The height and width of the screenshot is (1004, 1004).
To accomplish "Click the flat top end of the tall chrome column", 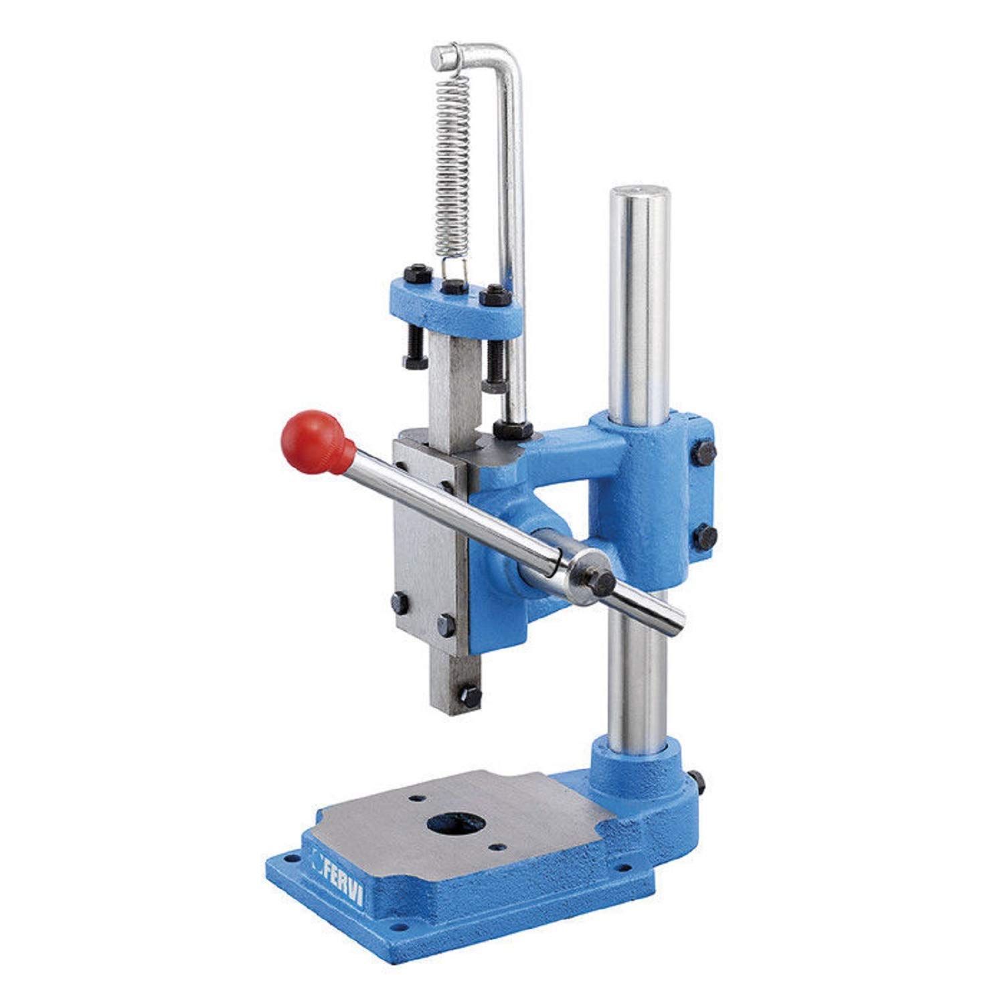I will click(x=639, y=195).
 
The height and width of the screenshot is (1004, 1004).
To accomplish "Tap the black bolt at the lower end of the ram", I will click(x=471, y=696).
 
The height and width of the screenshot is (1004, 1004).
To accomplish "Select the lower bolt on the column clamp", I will click(x=705, y=537).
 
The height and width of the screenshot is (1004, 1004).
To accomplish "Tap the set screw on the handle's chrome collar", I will click(x=602, y=582).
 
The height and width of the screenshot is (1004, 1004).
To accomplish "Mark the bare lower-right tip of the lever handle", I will click(x=673, y=619).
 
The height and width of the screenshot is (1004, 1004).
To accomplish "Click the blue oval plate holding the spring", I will click(x=455, y=305).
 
